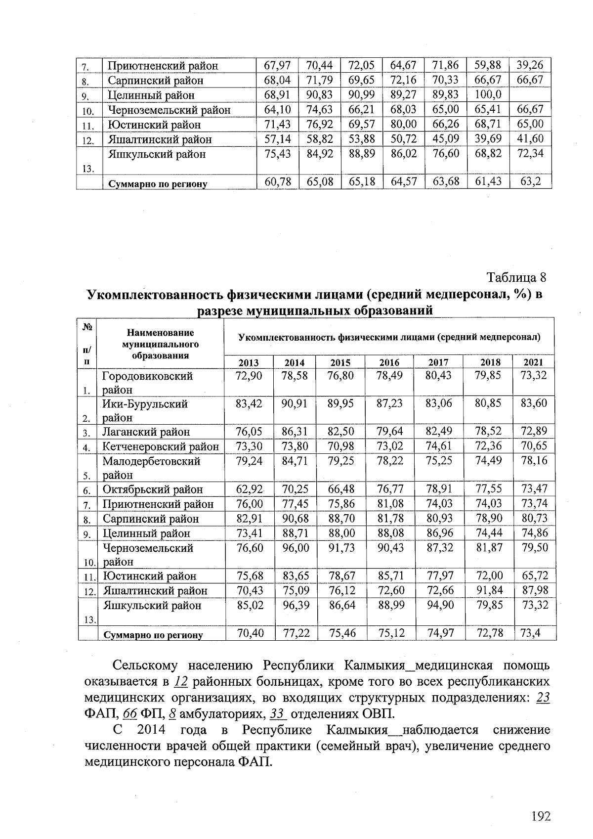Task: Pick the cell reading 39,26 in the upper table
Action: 530,65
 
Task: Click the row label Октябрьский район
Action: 152,489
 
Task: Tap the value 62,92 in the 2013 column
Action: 249,489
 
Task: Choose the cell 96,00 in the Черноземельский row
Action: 296,548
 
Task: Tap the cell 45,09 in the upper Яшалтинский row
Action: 445,138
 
